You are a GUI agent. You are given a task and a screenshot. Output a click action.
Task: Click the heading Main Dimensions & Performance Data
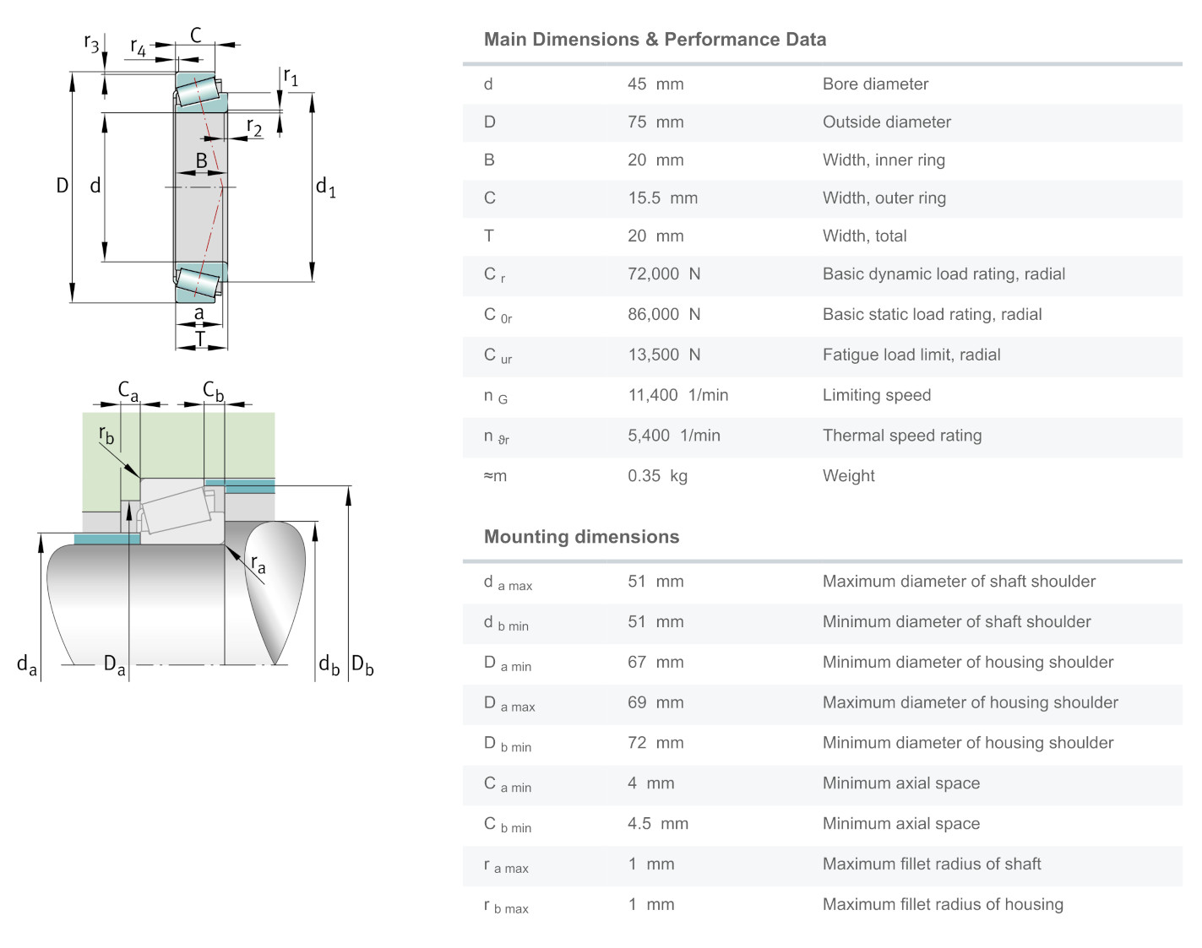655,40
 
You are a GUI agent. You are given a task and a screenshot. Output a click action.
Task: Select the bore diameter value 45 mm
655,84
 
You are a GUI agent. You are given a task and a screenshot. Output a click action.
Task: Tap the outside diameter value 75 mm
655,122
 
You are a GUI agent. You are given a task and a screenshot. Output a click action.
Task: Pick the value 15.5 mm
662,198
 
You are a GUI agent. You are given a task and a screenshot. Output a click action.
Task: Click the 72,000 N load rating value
664,274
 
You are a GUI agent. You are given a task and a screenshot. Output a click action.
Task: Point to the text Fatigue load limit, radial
911,355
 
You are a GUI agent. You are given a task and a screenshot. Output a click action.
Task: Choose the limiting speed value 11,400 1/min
677,395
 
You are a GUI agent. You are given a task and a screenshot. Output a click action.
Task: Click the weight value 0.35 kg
657,476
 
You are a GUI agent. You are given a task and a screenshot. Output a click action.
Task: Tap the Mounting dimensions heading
581,537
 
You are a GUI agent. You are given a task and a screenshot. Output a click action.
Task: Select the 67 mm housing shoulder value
655,663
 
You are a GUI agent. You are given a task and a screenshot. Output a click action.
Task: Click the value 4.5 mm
657,824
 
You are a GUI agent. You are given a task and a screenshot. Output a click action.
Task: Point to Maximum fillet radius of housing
943,905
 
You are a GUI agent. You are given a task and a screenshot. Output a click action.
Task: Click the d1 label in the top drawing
325,187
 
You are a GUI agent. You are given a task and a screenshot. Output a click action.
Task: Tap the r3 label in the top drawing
91,42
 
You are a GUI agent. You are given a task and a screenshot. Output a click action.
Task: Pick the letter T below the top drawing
200,339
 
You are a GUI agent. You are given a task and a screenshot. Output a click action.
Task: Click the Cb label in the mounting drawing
213,391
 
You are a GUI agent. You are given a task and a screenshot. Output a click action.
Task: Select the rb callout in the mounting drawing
106,435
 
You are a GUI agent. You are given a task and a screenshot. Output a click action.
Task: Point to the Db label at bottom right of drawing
362,665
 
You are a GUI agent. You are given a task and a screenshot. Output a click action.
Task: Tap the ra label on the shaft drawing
258,564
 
